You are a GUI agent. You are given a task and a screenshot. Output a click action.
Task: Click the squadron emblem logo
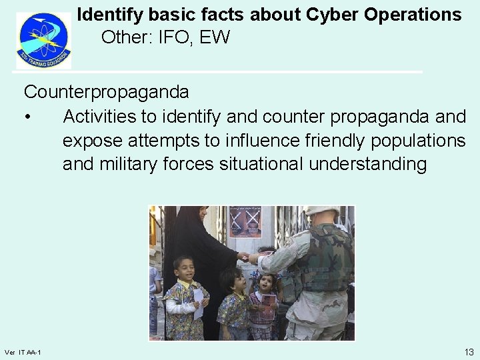(x=43, y=40)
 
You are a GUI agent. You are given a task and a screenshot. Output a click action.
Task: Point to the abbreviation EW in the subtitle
(x=215, y=37)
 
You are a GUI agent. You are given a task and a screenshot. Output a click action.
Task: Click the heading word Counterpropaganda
(x=107, y=91)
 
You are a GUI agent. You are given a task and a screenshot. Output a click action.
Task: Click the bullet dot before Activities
(x=27, y=117)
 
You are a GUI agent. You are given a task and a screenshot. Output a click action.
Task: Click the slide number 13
(x=469, y=351)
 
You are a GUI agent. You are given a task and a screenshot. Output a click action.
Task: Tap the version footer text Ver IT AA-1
(x=23, y=352)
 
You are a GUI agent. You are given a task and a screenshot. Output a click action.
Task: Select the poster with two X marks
(x=245, y=222)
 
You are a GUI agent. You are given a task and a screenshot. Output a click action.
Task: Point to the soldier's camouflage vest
(x=327, y=260)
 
